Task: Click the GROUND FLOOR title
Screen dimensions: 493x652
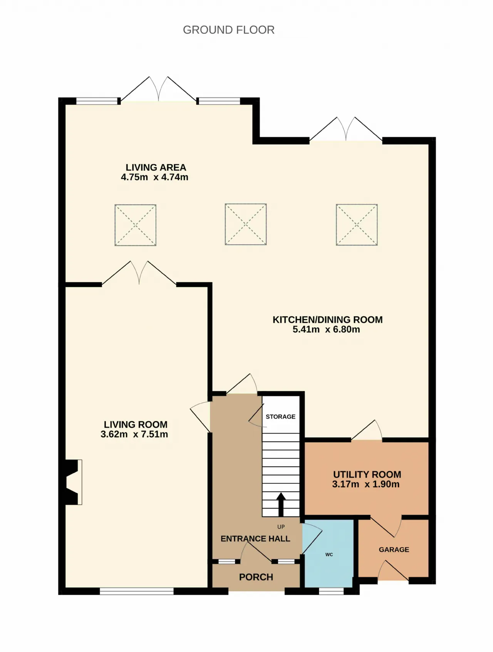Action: (229, 30)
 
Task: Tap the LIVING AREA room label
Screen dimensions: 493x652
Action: (156, 167)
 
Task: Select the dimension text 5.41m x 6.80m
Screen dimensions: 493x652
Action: (326, 329)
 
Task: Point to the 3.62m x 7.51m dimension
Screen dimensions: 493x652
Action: (134, 434)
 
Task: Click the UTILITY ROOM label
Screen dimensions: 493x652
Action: (367, 474)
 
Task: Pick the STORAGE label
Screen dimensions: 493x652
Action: (280, 417)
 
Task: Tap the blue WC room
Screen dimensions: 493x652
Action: (328, 554)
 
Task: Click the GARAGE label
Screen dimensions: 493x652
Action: (394, 550)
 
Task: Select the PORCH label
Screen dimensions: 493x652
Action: (256, 577)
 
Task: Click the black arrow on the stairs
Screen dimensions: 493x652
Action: (281, 504)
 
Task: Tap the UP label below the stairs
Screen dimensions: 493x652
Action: (281, 527)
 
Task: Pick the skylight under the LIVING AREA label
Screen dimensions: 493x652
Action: (136, 225)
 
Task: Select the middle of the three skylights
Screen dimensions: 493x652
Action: (246, 224)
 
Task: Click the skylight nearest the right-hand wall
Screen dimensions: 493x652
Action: (357, 225)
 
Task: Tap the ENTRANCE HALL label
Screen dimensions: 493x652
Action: (255, 539)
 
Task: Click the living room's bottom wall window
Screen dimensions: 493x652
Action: (137, 591)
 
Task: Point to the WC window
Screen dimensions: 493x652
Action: (332, 591)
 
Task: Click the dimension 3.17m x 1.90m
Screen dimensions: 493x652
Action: (366, 484)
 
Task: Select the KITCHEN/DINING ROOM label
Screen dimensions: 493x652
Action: (328, 320)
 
